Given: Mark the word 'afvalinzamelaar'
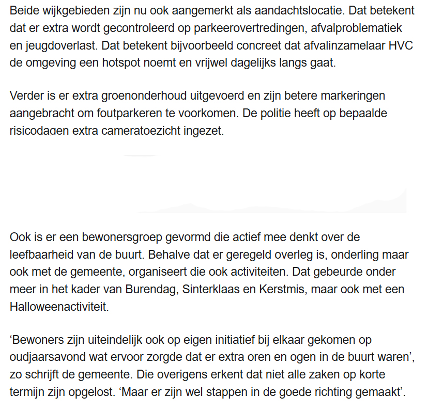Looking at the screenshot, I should tap(324, 45).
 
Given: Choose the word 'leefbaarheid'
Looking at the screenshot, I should tap(42, 255).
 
